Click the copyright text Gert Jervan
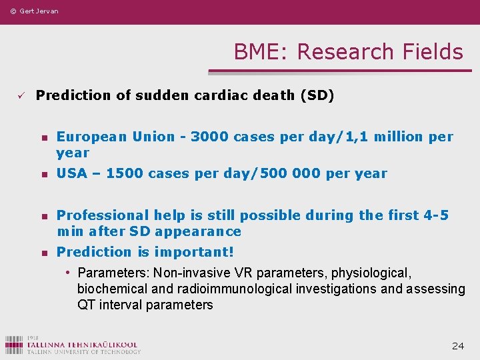pos(34,11)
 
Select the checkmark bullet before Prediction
pos(21,95)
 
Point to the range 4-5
pos(436,215)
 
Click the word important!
pos(194,252)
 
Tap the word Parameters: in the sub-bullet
pos(113,273)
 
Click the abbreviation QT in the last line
pos(86,305)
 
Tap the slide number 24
pos(458,345)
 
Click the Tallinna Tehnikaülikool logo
pos(73,344)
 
